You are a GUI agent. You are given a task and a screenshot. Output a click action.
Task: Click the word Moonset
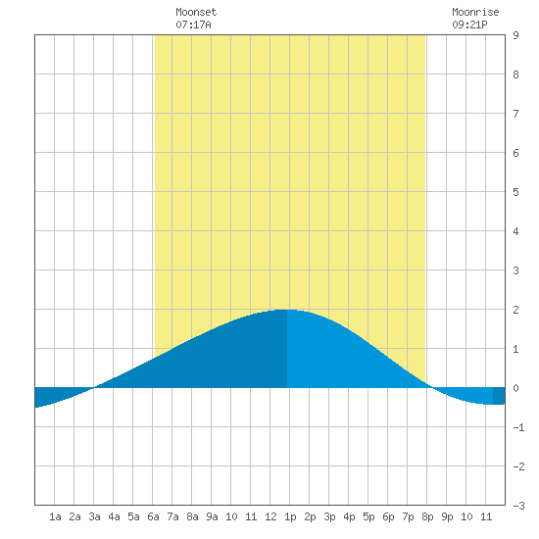(x=196, y=12)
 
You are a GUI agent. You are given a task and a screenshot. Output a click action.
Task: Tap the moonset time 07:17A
(x=193, y=24)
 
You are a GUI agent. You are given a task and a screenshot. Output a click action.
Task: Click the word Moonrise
(x=475, y=12)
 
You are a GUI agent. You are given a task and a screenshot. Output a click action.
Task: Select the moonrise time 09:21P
(x=469, y=24)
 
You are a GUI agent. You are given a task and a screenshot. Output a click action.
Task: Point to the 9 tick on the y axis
(x=515, y=35)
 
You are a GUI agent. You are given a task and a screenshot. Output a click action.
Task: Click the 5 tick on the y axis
(x=515, y=192)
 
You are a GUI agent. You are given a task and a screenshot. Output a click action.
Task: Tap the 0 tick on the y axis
(x=515, y=388)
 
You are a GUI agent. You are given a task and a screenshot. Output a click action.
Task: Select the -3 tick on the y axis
(x=518, y=506)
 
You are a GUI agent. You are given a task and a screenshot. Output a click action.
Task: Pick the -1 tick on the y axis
(x=518, y=427)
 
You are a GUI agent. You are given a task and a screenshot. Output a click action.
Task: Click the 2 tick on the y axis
(x=515, y=310)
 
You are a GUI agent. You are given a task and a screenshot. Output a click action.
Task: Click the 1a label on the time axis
(x=55, y=516)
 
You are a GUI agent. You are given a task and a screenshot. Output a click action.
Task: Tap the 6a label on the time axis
(x=153, y=516)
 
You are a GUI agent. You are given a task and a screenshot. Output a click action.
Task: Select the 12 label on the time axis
(x=270, y=516)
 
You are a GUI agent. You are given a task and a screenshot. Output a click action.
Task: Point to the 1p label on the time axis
(x=290, y=516)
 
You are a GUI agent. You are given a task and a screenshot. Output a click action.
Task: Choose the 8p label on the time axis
(x=427, y=516)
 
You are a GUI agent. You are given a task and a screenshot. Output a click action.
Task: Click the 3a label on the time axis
(x=94, y=516)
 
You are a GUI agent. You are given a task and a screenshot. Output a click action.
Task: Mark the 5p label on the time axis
(x=368, y=516)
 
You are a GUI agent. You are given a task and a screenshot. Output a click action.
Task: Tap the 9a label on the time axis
(x=212, y=516)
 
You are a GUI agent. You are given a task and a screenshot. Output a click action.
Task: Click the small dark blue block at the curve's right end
(x=499, y=396)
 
